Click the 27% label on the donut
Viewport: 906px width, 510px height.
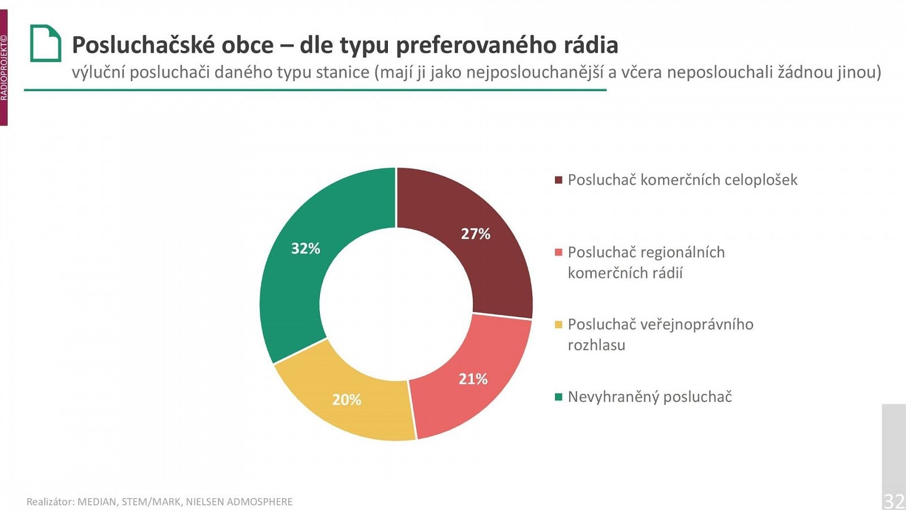(475, 233)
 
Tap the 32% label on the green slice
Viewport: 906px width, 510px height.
(306, 248)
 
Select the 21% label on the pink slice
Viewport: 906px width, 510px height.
(473, 379)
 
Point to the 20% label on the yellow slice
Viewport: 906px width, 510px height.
(347, 399)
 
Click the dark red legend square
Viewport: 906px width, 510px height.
(558, 180)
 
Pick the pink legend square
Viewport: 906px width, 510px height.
(558, 252)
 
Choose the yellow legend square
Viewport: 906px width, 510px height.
(558, 325)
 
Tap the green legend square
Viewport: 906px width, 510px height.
(558, 397)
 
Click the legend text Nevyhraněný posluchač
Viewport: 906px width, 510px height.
(649, 397)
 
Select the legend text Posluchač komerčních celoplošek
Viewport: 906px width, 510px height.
(682, 180)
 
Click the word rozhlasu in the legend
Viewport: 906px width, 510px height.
(596, 345)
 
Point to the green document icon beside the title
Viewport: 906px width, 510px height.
(45, 43)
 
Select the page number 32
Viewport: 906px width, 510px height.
(894, 500)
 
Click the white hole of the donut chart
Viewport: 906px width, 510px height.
(396, 304)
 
